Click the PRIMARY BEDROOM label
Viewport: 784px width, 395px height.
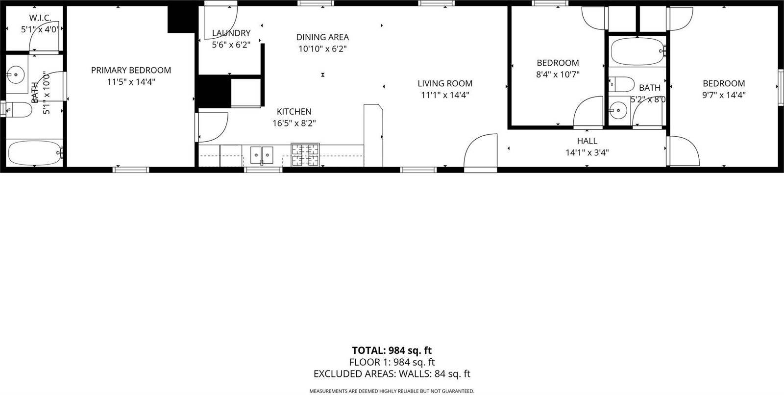click(x=131, y=70)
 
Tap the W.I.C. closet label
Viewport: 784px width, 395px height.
click(x=40, y=18)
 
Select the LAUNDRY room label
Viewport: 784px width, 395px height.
click(x=231, y=33)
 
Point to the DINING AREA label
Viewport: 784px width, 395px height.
click(x=322, y=37)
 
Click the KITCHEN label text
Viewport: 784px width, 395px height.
click(x=294, y=112)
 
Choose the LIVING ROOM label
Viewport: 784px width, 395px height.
click(x=445, y=83)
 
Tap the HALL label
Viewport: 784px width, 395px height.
click(x=587, y=141)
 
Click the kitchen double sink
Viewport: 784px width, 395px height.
click(x=262, y=154)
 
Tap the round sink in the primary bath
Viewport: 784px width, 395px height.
click(x=16, y=75)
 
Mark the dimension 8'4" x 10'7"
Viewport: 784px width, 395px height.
click(x=558, y=75)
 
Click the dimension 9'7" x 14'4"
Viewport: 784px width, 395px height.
click(x=723, y=96)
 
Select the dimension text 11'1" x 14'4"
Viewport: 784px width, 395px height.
click(x=445, y=95)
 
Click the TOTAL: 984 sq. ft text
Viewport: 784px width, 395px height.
click(x=392, y=350)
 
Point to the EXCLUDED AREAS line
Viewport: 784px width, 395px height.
click(x=392, y=374)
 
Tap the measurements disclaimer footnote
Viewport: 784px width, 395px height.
click(x=392, y=391)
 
